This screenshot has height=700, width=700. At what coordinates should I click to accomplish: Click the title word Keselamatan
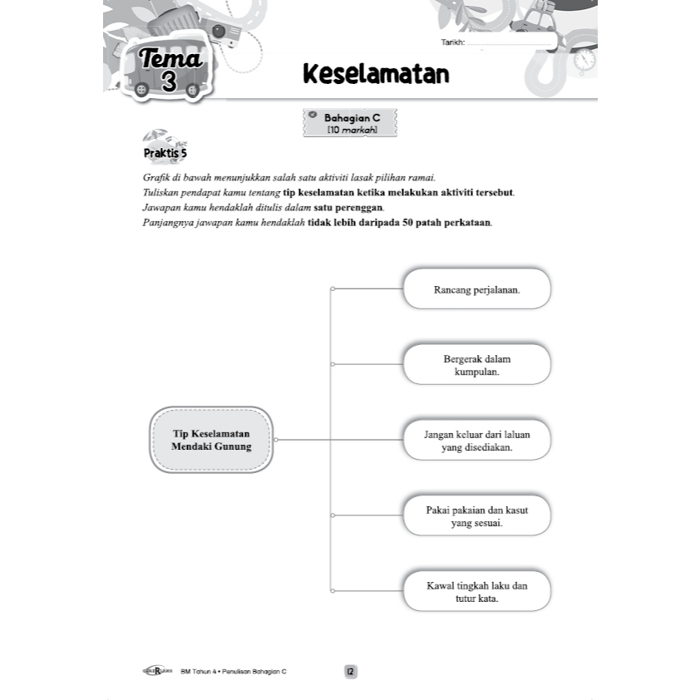pos(376,74)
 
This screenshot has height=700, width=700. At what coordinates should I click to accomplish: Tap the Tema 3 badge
pos(170,69)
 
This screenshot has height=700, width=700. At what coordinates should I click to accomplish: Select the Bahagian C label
pos(352,119)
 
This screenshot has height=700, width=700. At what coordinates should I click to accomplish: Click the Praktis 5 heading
pos(165,154)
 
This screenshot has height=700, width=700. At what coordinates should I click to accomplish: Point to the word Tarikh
pos(453,42)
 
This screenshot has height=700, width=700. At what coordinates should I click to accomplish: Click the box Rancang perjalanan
pos(476,289)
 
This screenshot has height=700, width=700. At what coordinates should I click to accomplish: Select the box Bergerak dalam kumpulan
pos(476,365)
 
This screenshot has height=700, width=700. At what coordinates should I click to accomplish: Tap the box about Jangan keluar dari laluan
pos(476,440)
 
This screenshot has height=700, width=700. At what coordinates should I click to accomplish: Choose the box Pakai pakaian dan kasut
pos(476,515)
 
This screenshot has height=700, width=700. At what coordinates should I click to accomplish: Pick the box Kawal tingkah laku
pos(476,590)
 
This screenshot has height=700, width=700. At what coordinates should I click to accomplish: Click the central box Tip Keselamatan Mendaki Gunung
pos(211,440)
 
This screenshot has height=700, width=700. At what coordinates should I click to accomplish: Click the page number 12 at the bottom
pos(350,672)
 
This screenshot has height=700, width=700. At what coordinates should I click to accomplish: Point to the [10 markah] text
pos(352,131)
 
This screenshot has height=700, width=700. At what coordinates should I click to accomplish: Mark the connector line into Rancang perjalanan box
pos(366,289)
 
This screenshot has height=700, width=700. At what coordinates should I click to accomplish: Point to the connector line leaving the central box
pos(303,440)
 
